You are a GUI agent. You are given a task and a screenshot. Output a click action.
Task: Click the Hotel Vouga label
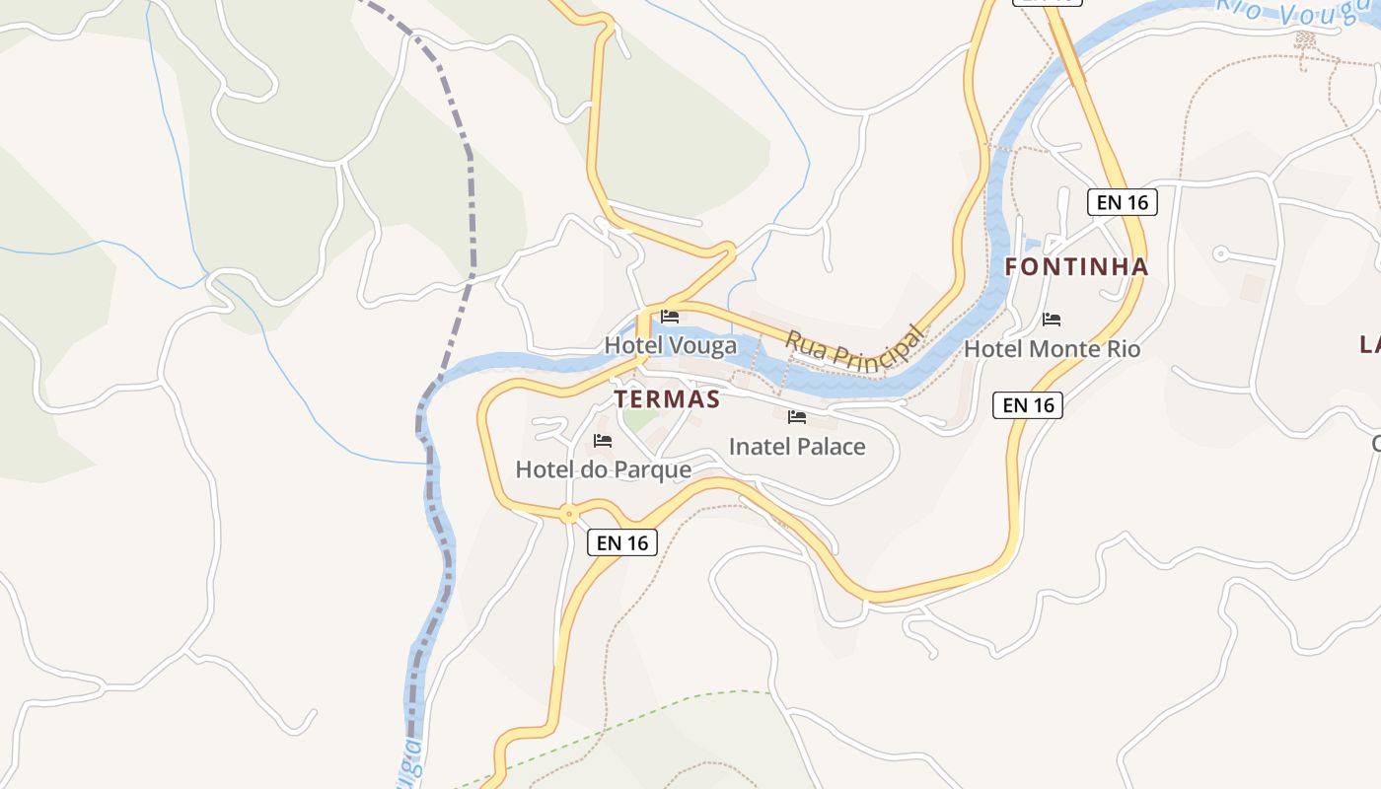670,345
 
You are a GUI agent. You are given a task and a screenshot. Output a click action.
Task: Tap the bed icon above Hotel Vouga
670,317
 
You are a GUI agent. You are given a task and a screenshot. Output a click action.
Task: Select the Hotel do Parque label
603,469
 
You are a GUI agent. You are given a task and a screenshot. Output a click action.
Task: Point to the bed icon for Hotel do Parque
603,440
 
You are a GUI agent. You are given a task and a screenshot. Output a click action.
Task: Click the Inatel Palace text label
797,447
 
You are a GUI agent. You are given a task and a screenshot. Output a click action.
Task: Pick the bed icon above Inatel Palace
797,417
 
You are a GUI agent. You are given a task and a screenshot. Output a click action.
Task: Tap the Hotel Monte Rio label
1052,349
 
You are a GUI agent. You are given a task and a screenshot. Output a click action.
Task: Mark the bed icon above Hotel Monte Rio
1052,320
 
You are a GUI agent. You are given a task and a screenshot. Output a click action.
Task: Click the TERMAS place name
667,399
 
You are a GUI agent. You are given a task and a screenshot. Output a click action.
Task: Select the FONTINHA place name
1076,266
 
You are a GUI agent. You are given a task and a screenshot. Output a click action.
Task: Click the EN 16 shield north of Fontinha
1123,202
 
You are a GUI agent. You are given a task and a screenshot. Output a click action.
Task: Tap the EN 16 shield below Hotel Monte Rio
1028,404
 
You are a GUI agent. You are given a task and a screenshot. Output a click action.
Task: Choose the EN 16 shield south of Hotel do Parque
622,542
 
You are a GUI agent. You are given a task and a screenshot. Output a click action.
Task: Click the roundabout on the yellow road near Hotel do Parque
568,513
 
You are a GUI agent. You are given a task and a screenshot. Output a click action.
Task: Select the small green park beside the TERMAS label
640,419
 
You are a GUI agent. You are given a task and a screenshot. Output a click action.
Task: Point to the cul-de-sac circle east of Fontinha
1220,253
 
